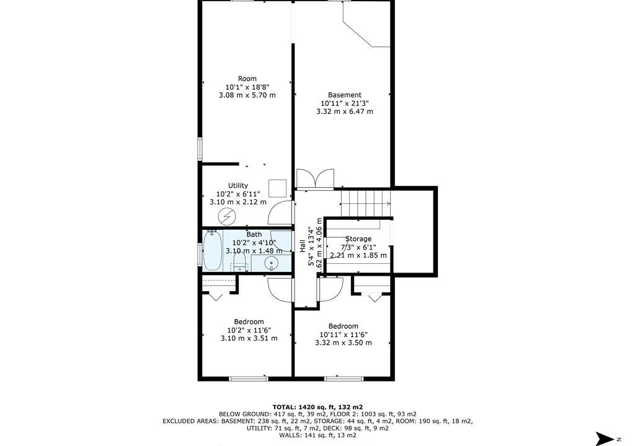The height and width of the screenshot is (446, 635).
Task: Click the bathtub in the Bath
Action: pos(212,250)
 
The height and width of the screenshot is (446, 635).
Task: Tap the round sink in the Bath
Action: pos(270,264)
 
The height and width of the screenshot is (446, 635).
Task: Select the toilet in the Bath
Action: pos(239,262)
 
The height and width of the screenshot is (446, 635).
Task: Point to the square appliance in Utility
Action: pos(277,188)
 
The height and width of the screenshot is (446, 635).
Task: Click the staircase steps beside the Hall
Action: pos(366,204)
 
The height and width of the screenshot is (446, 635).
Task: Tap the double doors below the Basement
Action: pos(316,179)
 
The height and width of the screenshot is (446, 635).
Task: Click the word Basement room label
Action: pos(345,95)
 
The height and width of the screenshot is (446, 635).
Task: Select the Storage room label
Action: pos(358,238)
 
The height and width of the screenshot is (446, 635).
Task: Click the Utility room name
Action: pos(238,185)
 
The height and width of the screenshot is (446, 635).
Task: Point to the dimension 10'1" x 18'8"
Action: pos(247,87)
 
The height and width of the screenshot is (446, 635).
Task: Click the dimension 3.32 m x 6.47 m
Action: pos(345,111)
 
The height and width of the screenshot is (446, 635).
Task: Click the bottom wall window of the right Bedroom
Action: pos(343,379)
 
